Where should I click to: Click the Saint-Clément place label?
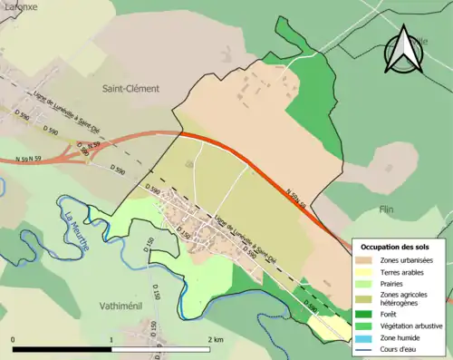click(x=130, y=89)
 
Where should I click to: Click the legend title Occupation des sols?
click(x=395, y=247)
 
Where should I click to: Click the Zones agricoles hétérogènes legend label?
click(x=407, y=304)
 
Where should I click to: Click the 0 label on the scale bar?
click(x=14, y=339)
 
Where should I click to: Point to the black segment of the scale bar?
click(x=62, y=349)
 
